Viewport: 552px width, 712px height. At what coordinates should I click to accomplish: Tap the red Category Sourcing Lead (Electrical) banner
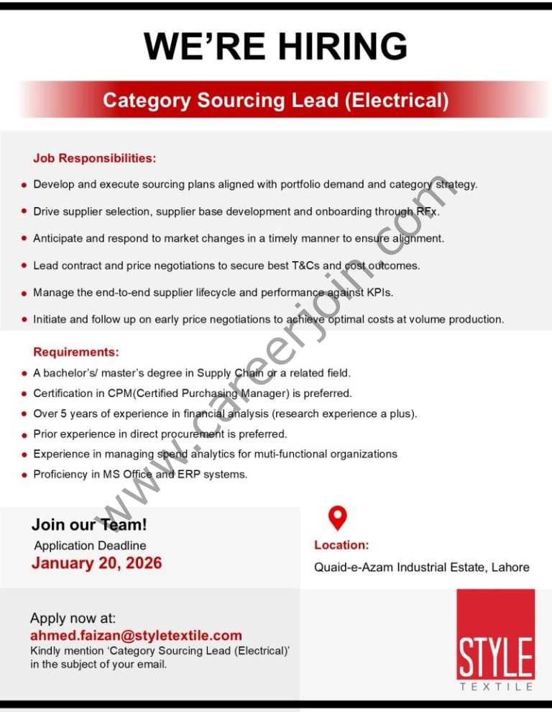pos(275,100)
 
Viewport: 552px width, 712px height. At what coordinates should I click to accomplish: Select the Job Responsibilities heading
pos(94,158)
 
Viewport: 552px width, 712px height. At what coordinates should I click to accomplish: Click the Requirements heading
pos(76,352)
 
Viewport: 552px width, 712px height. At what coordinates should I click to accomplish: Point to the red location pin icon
pos(337,517)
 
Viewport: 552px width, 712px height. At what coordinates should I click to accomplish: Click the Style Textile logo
pos(495,640)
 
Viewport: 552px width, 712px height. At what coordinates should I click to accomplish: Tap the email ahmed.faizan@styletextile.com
pos(136,636)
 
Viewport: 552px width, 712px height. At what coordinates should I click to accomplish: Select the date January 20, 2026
pos(96,563)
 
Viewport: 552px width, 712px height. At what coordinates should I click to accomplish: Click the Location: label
pos(341,545)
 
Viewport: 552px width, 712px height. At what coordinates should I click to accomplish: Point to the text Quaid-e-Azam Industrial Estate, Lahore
pos(421,567)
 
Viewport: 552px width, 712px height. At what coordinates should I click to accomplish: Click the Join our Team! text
pos(88,525)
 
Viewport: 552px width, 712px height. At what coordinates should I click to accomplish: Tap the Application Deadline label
pos(90,546)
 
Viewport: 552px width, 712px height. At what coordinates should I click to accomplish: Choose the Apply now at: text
pos(73,619)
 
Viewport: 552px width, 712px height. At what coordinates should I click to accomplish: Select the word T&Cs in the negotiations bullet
pos(305,265)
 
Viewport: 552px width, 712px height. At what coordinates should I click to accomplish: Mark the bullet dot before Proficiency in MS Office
pos(24,475)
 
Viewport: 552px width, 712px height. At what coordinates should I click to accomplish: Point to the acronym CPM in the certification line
pos(108,393)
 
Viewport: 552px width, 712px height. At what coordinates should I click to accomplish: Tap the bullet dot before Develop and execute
pos(24,185)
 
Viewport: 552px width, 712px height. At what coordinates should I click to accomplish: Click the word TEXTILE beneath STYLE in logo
pos(495,687)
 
